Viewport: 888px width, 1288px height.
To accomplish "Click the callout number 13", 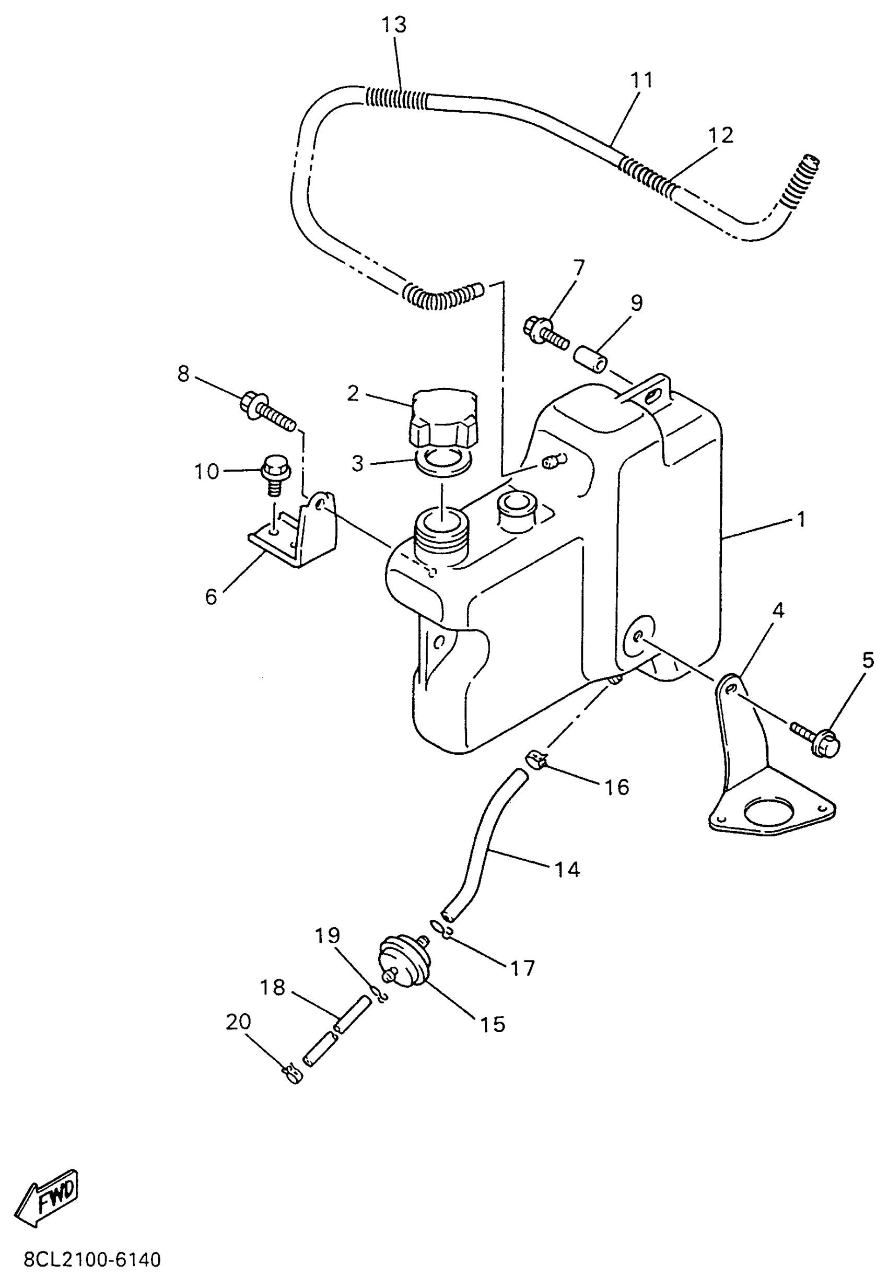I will [394, 25].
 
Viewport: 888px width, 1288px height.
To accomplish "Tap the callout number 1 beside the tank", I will [801, 520].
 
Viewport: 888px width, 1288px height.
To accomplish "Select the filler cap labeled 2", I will [443, 417].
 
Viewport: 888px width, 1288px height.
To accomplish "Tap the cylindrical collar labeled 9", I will [593, 360].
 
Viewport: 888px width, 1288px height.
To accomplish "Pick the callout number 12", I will [720, 135].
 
